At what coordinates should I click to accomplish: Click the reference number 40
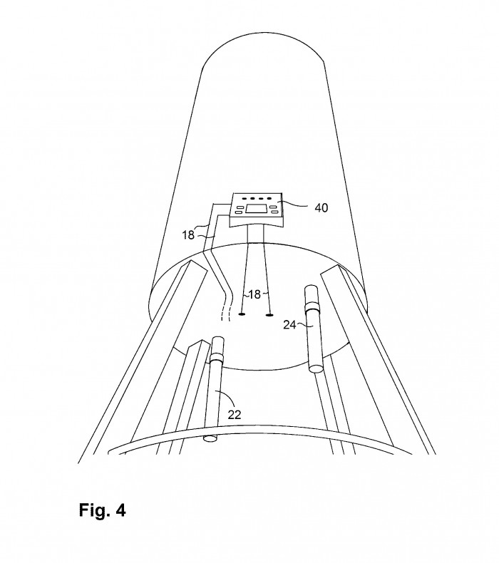pyautogui.click(x=321, y=207)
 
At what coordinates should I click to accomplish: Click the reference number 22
pyautogui.click(x=235, y=415)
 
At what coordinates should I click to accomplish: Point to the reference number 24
pyautogui.click(x=289, y=325)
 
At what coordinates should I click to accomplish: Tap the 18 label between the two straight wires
pyautogui.click(x=254, y=294)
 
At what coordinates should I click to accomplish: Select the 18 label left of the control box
pyautogui.click(x=188, y=235)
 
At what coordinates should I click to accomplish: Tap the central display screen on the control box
pyautogui.click(x=256, y=209)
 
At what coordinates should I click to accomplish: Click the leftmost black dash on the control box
pyautogui.click(x=245, y=198)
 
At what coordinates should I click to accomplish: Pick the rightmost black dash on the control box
pyautogui.click(x=269, y=198)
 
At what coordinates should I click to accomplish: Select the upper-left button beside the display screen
pyautogui.click(x=239, y=207)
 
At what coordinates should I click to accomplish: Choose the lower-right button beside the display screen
pyautogui.click(x=275, y=212)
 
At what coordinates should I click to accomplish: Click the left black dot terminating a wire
pyautogui.click(x=242, y=314)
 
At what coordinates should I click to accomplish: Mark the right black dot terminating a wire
pyautogui.click(x=269, y=315)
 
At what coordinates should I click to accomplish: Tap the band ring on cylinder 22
pyautogui.click(x=217, y=357)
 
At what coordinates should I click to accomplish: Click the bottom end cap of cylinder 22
pyautogui.click(x=210, y=438)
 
